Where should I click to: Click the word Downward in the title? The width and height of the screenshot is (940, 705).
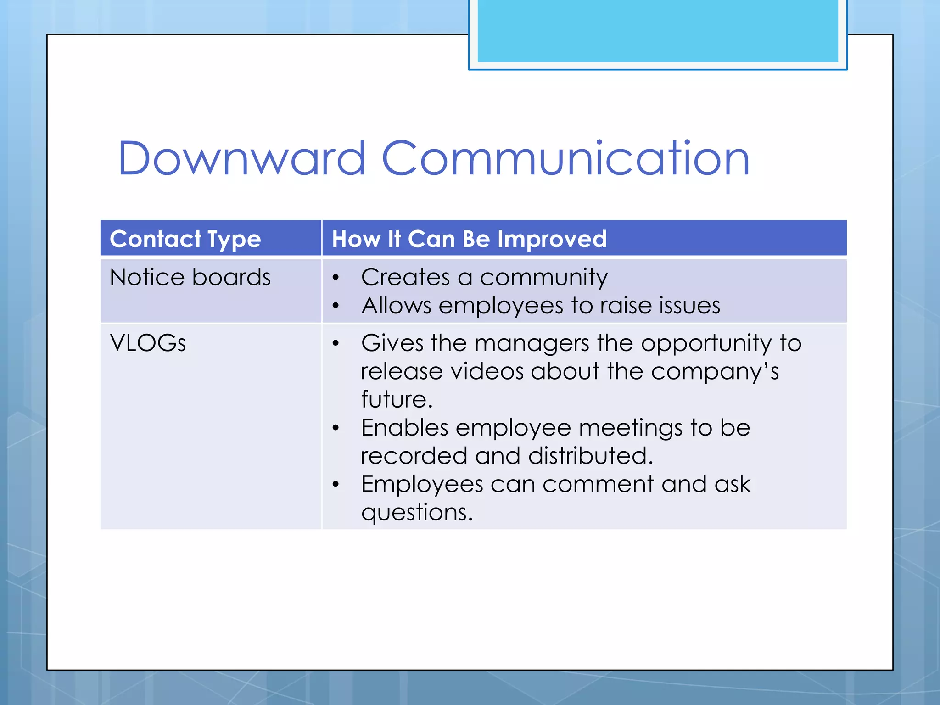pos(242,158)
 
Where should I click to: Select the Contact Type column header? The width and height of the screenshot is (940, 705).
pos(185,239)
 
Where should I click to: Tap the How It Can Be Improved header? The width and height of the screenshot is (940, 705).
pos(469,239)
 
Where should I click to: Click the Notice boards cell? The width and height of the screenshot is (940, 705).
pos(190,277)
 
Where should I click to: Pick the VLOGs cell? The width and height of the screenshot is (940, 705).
pos(148,343)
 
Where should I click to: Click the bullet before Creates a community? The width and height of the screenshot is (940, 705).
pos(336,278)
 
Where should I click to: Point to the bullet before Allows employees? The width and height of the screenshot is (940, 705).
pos(336,306)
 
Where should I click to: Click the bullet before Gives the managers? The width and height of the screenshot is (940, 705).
pos(336,343)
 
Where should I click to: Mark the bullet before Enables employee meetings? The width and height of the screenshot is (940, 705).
pos(336,428)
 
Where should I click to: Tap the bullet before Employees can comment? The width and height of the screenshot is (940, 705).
pos(336,485)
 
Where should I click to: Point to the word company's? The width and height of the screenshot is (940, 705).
pos(715,372)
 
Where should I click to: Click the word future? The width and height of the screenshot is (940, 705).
pos(397,399)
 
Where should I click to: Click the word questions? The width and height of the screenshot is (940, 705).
pos(416,513)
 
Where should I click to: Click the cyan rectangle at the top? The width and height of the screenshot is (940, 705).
pos(657,31)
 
